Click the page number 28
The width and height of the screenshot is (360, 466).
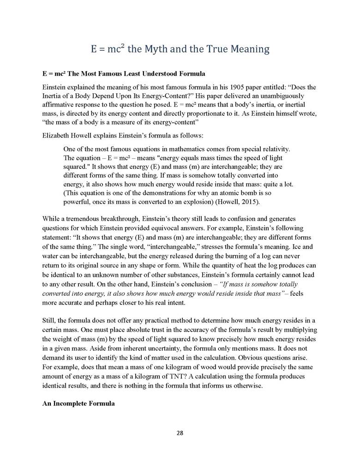coord(180,433)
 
